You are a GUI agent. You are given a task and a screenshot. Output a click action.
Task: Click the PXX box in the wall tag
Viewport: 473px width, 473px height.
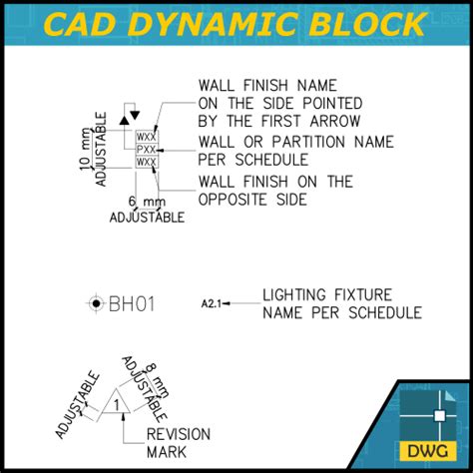point(146,149)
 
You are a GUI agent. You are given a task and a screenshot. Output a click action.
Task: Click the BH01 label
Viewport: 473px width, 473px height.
point(132,302)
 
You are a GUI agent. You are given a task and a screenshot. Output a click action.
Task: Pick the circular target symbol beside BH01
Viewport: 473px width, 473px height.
point(96,302)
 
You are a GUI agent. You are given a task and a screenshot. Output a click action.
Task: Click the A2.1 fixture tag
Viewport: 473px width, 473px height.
point(210,302)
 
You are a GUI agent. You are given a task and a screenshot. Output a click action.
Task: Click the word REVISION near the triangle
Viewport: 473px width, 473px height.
point(179,434)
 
